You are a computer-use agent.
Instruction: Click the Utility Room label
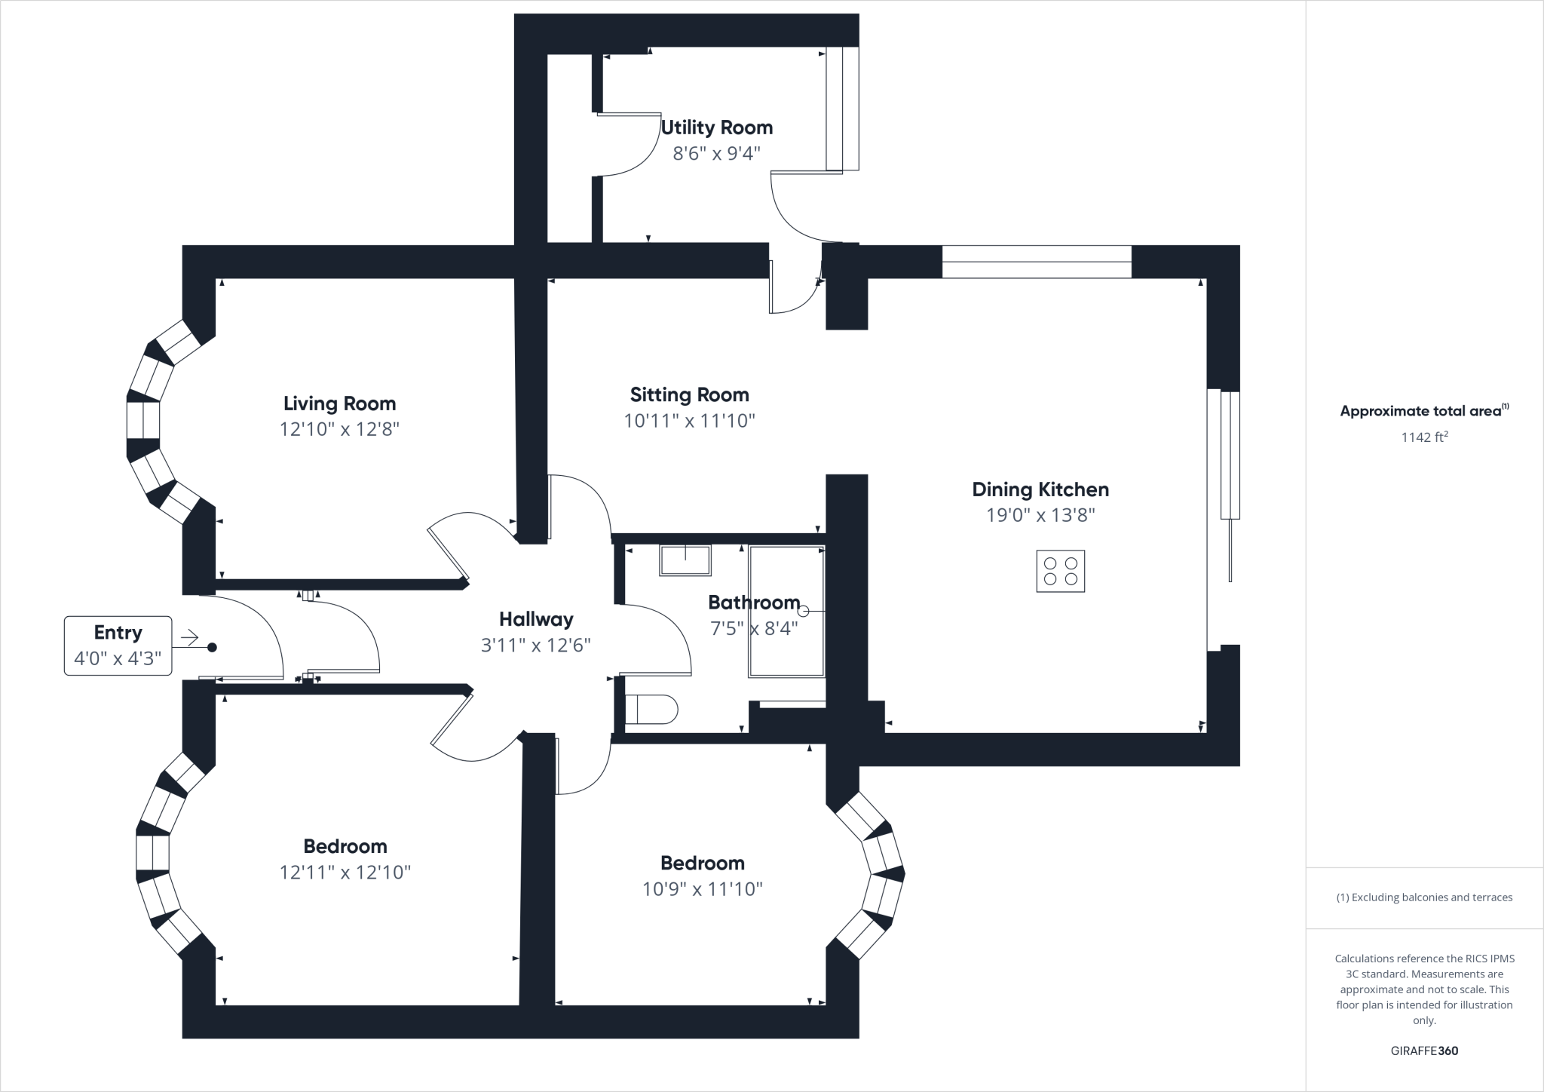(x=716, y=127)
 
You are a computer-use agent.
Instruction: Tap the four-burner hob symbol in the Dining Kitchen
(x=1060, y=571)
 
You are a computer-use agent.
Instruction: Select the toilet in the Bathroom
(x=651, y=710)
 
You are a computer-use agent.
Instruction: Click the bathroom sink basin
(x=685, y=560)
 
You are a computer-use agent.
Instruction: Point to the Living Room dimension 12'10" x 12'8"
(x=339, y=429)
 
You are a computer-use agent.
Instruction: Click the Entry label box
(x=118, y=646)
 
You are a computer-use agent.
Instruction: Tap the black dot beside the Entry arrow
(x=212, y=647)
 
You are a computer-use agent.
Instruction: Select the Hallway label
(x=536, y=619)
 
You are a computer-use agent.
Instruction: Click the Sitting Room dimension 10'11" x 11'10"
(x=689, y=421)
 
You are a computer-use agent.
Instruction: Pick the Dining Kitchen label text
(x=1040, y=489)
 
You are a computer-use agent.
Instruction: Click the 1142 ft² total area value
(x=1424, y=437)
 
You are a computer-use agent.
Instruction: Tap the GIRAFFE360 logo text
(x=1424, y=1051)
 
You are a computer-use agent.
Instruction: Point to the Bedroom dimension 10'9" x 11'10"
(x=702, y=889)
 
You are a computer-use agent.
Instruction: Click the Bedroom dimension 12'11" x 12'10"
(x=345, y=873)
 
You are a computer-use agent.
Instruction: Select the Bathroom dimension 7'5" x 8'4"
(x=754, y=628)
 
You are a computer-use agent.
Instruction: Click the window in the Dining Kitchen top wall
(x=1037, y=262)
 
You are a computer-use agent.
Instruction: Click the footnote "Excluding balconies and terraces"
(x=1424, y=897)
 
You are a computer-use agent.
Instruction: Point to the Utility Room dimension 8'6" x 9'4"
(x=716, y=154)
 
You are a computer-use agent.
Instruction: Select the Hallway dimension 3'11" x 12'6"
(x=536, y=646)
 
